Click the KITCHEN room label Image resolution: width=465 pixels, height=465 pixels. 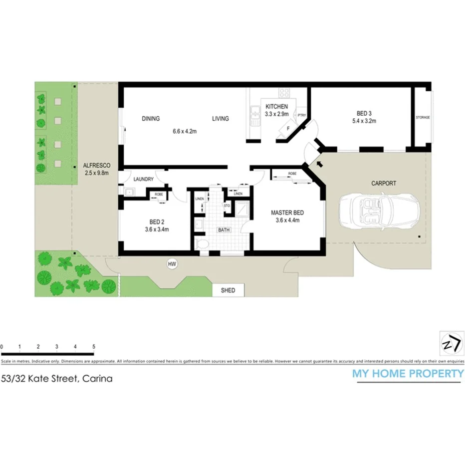coord(276,107)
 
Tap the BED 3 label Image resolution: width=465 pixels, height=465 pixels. coord(363,113)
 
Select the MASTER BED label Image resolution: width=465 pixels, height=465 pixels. coord(287,213)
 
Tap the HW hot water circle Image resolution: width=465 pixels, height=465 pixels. coord(172,263)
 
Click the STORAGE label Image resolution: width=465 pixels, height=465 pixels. coord(423,118)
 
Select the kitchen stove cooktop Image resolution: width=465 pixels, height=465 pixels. coord(285,93)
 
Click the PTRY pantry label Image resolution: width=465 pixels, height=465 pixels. coord(301,115)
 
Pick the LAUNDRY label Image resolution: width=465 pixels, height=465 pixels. coord(143,179)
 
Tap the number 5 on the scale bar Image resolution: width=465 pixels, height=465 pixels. coord(94,346)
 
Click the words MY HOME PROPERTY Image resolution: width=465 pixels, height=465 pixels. coord(408,373)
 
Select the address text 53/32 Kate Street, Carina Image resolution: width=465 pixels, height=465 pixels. coord(57,378)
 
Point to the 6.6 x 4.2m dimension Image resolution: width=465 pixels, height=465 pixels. coord(185,132)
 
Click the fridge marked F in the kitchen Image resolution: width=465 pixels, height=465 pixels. coord(288,128)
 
